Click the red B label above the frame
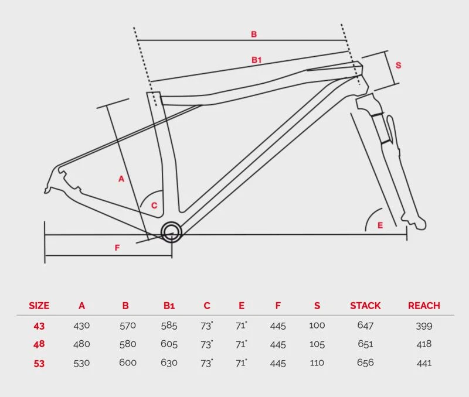click(254, 35)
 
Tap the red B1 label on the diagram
click(256, 60)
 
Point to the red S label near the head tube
click(398, 66)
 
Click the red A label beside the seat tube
click(121, 179)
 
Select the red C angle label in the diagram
click(154, 206)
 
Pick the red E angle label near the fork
click(380, 225)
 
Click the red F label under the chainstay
click(117, 248)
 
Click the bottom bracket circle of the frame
click(171, 232)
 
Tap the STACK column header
click(365, 306)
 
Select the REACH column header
click(424, 306)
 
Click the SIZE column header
click(39, 306)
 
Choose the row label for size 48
click(39, 344)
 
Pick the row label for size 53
click(39, 363)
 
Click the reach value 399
click(424, 326)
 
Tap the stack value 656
click(365, 363)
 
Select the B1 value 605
click(169, 344)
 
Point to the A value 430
click(81, 326)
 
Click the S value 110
click(317, 363)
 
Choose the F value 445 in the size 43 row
click(278, 326)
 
